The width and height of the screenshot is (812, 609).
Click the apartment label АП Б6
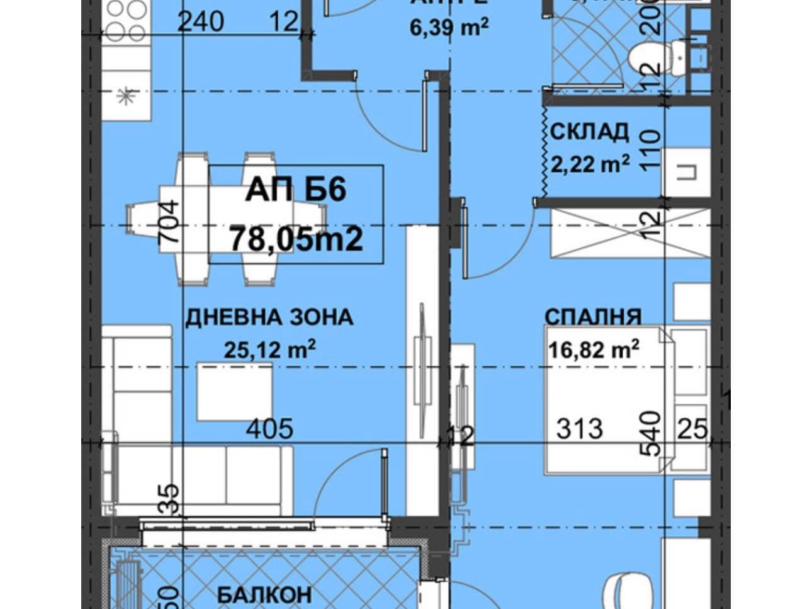click(296, 189)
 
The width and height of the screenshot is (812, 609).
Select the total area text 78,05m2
click(296, 239)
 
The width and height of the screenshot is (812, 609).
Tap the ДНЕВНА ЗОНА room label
click(269, 317)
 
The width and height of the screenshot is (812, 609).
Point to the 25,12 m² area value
click(269, 349)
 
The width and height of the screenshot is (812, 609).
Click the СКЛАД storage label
click(589, 132)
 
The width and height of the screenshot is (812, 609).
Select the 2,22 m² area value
click(590, 164)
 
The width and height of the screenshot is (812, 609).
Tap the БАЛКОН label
click(264, 594)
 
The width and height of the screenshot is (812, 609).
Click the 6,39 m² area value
click(449, 28)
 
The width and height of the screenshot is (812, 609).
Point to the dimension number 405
click(269, 429)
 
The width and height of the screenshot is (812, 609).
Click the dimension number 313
click(579, 429)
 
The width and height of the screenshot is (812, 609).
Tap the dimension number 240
click(201, 22)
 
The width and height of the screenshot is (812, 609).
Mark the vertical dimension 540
click(652, 433)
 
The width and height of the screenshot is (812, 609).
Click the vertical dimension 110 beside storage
click(652, 149)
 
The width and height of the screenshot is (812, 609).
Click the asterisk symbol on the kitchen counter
click(127, 97)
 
